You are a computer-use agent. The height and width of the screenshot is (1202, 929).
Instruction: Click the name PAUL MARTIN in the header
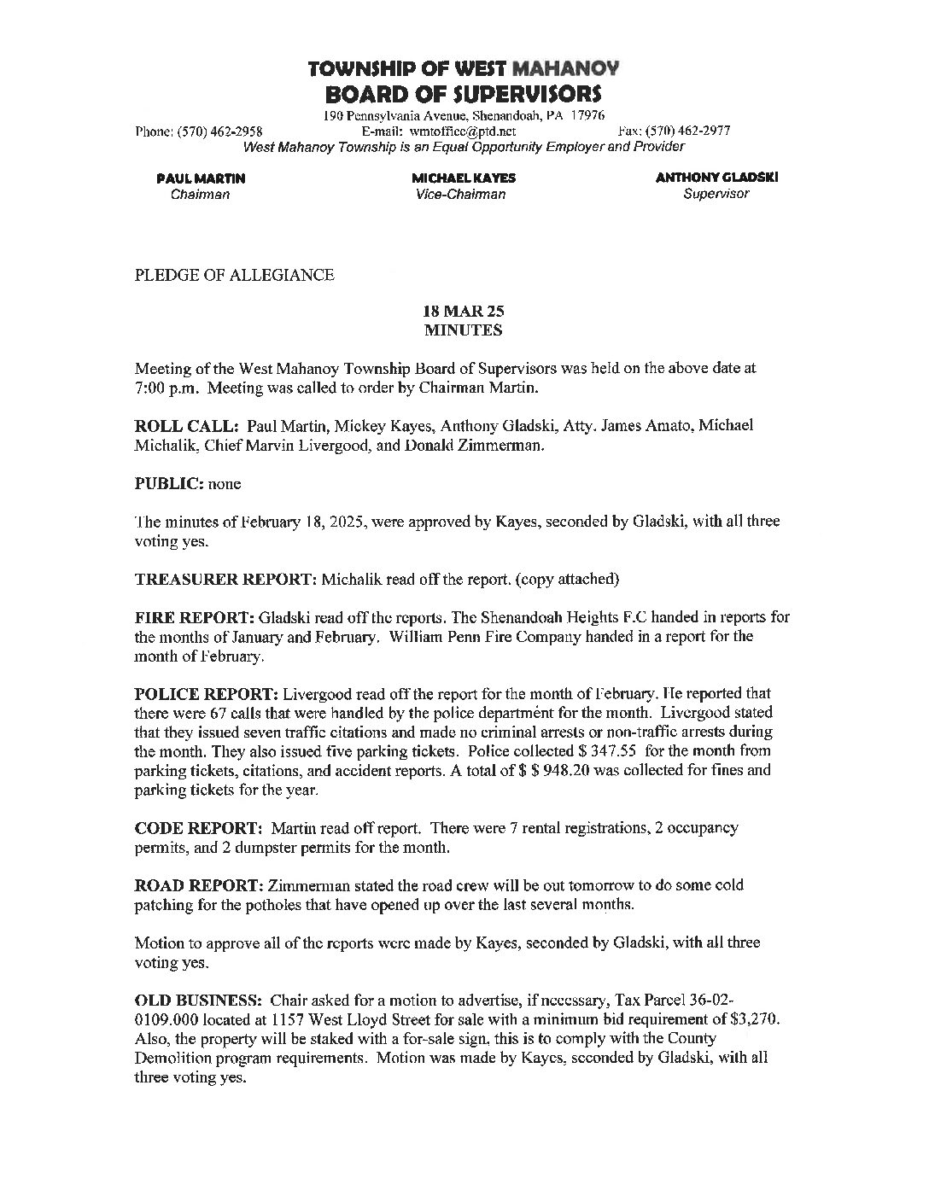coord(201,178)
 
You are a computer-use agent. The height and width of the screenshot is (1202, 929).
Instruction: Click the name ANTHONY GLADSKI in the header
coord(716,178)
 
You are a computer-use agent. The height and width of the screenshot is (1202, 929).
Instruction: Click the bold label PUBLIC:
coord(169,483)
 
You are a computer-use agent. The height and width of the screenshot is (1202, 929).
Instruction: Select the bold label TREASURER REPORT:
coord(226,579)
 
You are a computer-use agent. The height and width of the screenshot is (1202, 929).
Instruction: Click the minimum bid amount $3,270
coord(755,1019)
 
